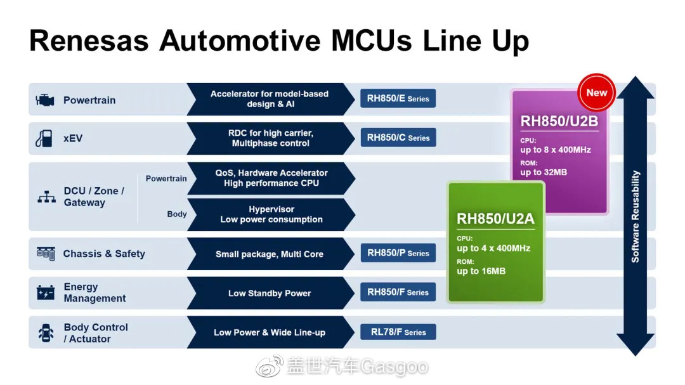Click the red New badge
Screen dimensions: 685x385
[x=596, y=93]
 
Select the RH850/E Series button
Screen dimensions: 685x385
[x=398, y=98]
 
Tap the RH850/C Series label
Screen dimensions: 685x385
[x=398, y=138]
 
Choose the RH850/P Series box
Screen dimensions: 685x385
[x=398, y=253]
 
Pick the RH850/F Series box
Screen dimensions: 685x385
[x=398, y=292]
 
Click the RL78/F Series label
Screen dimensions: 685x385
[x=398, y=332]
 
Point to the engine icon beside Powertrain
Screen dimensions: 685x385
[x=45, y=100]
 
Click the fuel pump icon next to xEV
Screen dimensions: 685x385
[x=44, y=138]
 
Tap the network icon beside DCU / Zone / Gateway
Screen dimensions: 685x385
[x=46, y=197]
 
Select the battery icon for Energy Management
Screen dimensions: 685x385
[x=46, y=292]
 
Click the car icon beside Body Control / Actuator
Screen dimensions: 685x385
[x=46, y=333]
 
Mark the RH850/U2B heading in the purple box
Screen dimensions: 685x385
[x=559, y=121]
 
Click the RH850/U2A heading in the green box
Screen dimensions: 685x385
[x=495, y=218]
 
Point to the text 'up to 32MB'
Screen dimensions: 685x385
[x=544, y=172]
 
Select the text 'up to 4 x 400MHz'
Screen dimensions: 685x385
[x=493, y=248]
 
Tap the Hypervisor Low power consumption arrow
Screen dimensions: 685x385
[x=271, y=214]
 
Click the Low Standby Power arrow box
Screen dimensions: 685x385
[x=270, y=293]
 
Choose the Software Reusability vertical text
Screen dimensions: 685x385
[x=635, y=216]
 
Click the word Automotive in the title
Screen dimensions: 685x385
[x=240, y=41]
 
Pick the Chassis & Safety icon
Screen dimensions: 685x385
[x=46, y=254]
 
